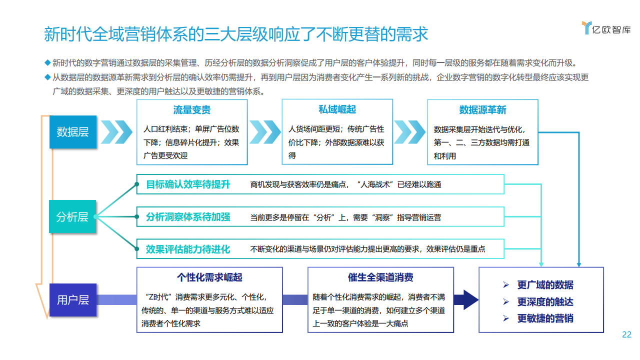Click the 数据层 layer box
(x=73, y=132)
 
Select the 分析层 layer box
(x=72, y=216)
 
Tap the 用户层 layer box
(x=73, y=300)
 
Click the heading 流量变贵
(x=191, y=110)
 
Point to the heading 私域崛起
(x=337, y=109)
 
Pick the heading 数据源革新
(x=482, y=110)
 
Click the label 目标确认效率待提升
(x=188, y=184)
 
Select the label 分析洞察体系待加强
(x=188, y=217)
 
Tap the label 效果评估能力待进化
(x=188, y=249)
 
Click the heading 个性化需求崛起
(x=209, y=277)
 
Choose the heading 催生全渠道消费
(x=380, y=277)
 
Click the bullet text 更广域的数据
(x=545, y=285)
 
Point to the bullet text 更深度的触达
(x=545, y=301)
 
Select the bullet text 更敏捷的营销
(x=545, y=318)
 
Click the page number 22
(x=626, y=334)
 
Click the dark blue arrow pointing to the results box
(x=466, y=299)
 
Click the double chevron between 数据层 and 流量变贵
(x=116, y=132)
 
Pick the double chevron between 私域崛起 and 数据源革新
(x=409, y=132)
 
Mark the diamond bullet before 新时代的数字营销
(x=47, y=62)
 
